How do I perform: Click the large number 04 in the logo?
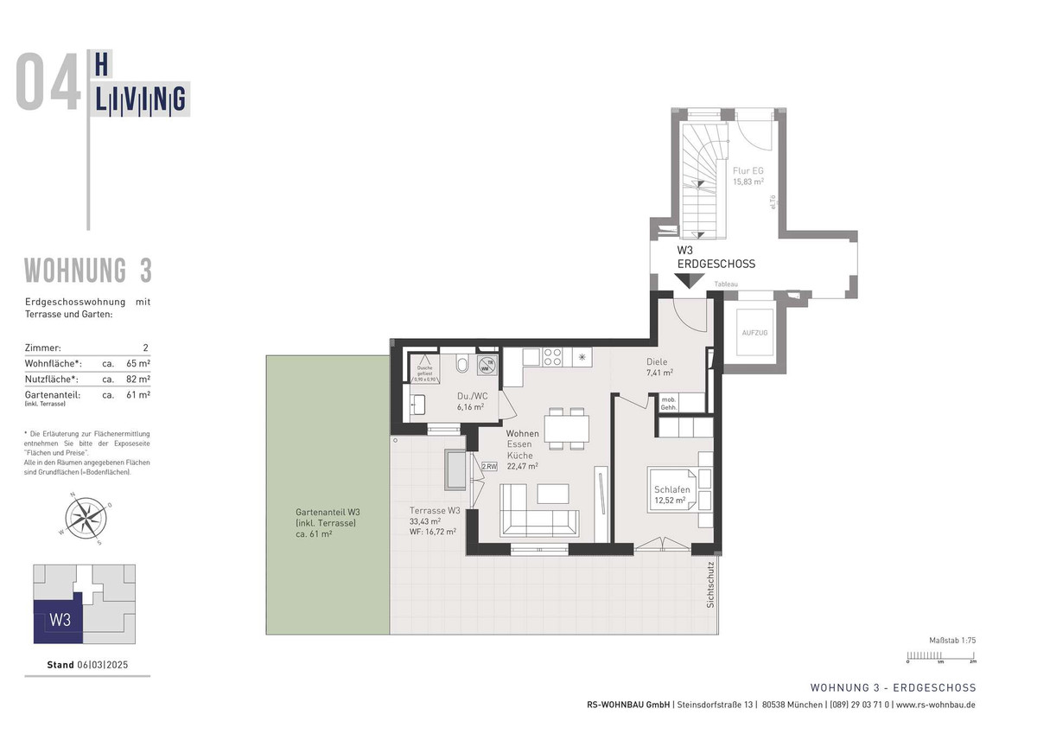pos(48,82)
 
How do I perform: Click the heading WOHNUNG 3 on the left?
pos(88,271)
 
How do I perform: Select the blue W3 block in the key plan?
pos(58,620)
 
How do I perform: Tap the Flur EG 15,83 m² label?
pos(748,176)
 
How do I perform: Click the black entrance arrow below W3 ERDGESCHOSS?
pos(688,280)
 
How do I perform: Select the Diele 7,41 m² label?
pos(659,367)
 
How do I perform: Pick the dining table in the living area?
pos(567,428)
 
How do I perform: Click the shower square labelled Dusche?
pos(426,369)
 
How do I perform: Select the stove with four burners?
pos(552,355)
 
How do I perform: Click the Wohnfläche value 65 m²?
pos(137,363)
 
